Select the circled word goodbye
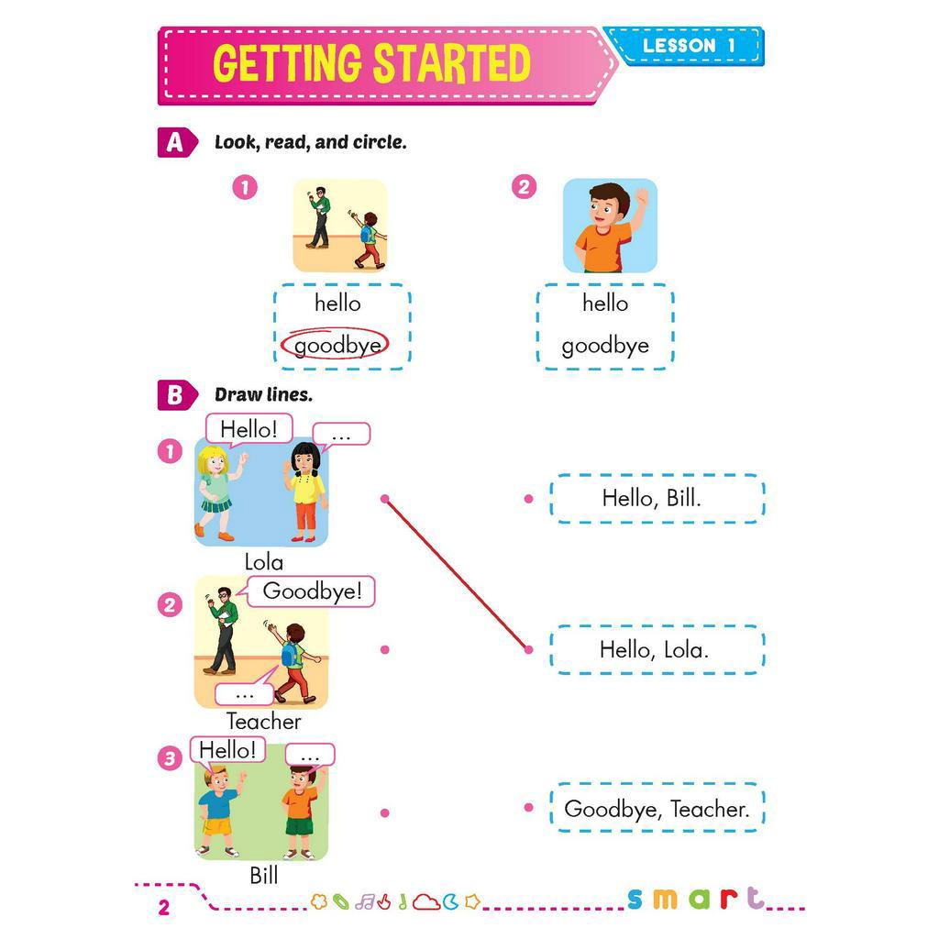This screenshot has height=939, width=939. tap(336, 346)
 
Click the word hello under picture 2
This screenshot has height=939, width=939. tap(605, 303)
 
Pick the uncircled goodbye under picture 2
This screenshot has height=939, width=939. tap(605, 346)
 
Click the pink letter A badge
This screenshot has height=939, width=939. tap(174, 142)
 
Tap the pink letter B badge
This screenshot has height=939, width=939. tap(174, 395)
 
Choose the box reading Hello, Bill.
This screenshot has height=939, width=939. tap(656, 499)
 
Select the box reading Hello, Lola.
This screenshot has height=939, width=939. tap(656, 650)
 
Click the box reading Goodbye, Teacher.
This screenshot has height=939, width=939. tap(656, 809)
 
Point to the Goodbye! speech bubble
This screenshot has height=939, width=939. tap(312, 591)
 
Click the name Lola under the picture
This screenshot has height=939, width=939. tap(263, 562)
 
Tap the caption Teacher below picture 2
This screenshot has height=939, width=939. tap(263, 722)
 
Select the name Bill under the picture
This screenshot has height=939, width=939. tap(263, 876)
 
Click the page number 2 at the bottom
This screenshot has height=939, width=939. tap(164, 909)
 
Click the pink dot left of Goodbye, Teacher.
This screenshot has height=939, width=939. tap(528, 808)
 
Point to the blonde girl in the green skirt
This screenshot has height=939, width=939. tap(216, 491)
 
